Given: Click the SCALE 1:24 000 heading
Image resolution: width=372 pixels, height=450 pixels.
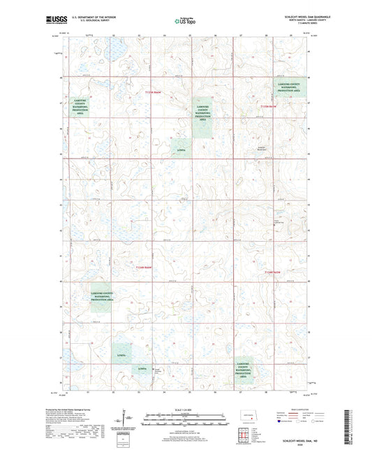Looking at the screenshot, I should coord(186,409).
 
